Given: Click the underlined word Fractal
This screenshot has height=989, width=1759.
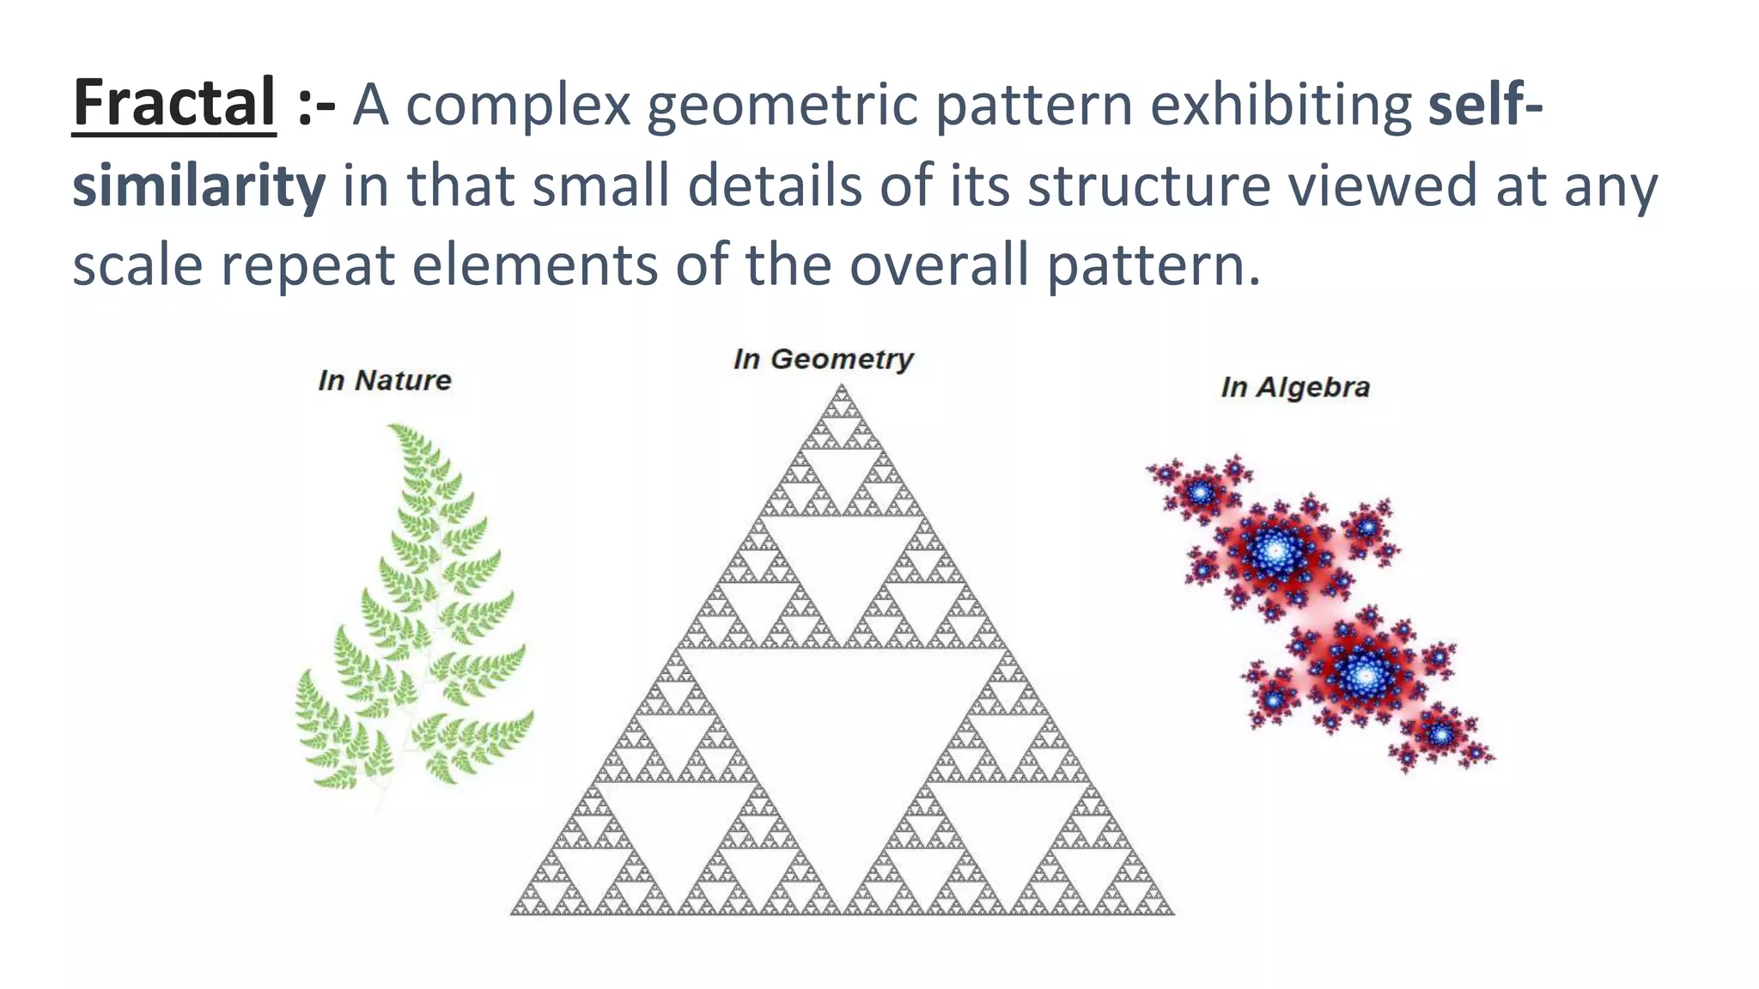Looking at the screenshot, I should [173, 104].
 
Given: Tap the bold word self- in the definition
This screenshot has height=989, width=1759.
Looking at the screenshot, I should [1485, 104].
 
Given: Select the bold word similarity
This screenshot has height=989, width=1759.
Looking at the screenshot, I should [198, 185].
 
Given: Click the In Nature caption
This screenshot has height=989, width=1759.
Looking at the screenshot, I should [384, 380].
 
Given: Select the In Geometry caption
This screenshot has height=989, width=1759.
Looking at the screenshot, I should [823, 359].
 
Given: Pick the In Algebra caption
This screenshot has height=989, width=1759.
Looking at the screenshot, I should [1295, 387].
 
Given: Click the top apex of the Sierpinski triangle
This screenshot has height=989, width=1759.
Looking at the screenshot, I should [842, 389].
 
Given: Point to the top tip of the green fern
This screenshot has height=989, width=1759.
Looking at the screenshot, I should [395, 428].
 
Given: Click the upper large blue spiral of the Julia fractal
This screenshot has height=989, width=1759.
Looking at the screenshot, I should [1275, 550].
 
